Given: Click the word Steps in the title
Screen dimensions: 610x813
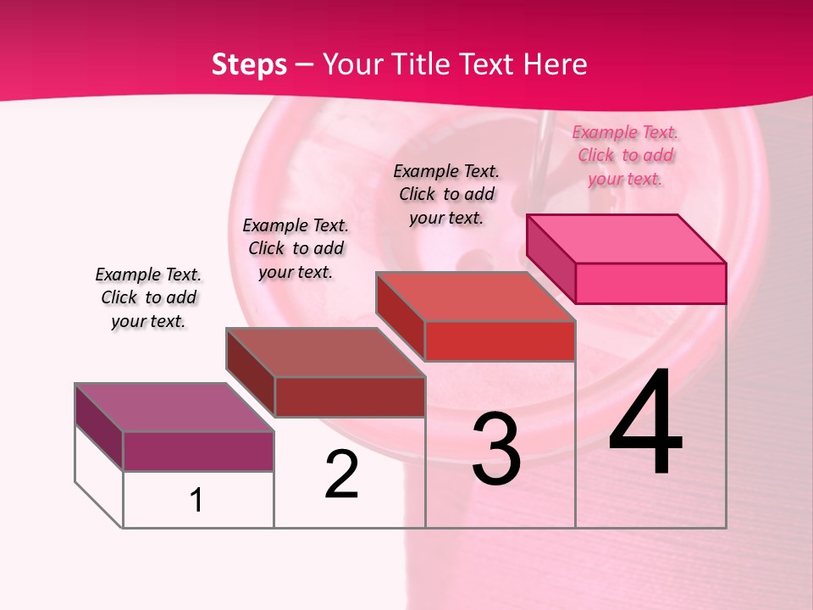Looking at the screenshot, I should click(248, 64).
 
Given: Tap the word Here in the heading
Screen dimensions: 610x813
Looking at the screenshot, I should click(555, 64).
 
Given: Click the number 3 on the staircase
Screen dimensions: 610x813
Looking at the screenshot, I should click(495, 448).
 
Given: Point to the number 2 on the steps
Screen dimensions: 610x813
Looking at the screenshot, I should click(341, 474).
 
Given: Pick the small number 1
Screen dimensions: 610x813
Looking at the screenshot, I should click(196, 500).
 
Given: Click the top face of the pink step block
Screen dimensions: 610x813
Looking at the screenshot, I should click(627, 238).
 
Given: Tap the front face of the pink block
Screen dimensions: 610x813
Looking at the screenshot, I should click(650, 283).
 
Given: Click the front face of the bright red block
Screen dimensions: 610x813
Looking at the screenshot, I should click(500, 341).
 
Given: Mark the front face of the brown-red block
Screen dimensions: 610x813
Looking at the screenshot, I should click(349, 396).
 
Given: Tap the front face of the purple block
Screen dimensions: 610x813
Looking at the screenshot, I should click(198, 451).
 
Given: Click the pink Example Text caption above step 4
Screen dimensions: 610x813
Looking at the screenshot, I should click(625, 155).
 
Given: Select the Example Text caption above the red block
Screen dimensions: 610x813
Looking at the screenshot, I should click(446, 194).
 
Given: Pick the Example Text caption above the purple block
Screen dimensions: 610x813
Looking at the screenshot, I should click(148, 297).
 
